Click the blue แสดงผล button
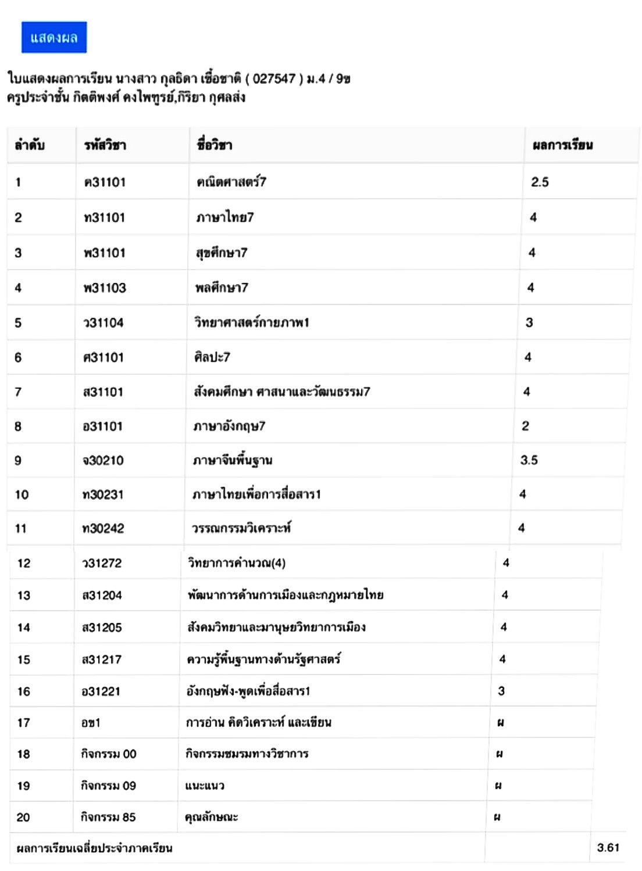[x=54, y=38]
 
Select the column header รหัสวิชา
[x=105, y=145]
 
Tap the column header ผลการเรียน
[x=562, y=145]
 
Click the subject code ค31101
[x=105, y=182]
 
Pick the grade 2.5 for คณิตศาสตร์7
[x=540, y=182]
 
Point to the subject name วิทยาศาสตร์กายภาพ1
[x=251, y=322]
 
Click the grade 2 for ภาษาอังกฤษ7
[x=525, y=426]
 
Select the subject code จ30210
[x=103, y=461]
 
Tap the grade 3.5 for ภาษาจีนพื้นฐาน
[x=529, y=460]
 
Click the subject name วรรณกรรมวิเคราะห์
[x=241, y=528]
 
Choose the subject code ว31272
[x=102, y=563]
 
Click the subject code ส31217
[x=102, y=659]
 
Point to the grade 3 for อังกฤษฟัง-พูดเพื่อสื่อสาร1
[x=501, y=691]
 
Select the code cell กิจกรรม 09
[x=108, y=786]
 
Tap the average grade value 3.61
[x=608, y=848]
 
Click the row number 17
[x=23, y=723]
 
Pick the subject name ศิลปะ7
[x=212, y=357]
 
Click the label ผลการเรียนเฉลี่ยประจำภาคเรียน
[x=94, y=848]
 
